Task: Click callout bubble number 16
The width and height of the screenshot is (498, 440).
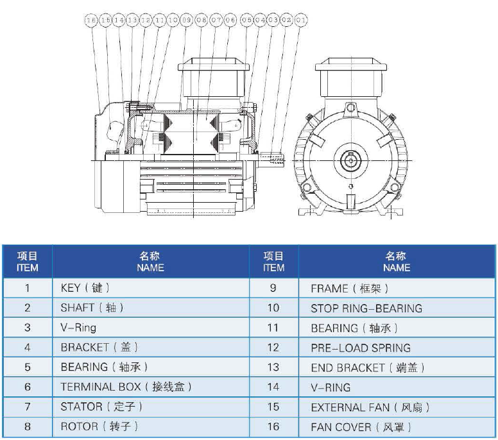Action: pyautogui.click(x=90, y=21)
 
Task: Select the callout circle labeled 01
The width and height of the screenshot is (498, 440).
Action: pyautogui.click(x=301, y=21)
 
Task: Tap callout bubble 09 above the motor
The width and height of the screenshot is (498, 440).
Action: pyautogui.click(x=187, y=21)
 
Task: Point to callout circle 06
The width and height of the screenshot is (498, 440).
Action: pyautogui.click(x=230, y=21)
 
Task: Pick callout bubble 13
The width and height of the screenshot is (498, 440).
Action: pyautogui.click(x=132, y=21)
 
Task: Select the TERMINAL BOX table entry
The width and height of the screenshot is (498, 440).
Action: pyautogui.click(x=126, y=387)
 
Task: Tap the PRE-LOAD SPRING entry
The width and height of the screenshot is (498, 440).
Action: pyautogui.click(x=361, y=348)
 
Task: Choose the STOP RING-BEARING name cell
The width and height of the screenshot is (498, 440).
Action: pyautogui.click(x=366, y=309)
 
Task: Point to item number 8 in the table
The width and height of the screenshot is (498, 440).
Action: pyautogui.click(x=27, y=427)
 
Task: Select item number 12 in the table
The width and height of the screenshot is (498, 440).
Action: pyautogui.click(x=273, y=348)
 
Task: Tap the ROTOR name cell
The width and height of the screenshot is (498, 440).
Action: pyautogui.click(x=98, y=427)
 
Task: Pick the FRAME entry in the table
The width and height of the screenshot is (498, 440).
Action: pyautogui.click(x=350, y=289)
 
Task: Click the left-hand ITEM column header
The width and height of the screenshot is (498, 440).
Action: pyautogui.click(x=27, y=262)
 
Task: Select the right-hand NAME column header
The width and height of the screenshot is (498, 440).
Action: pyautogui.click(x=396, y=262)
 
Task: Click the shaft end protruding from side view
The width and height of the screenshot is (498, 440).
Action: pyautogui.click(x=276, y=157)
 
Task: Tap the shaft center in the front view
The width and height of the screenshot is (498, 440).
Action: pyautogui.click(x=351, y=158)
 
